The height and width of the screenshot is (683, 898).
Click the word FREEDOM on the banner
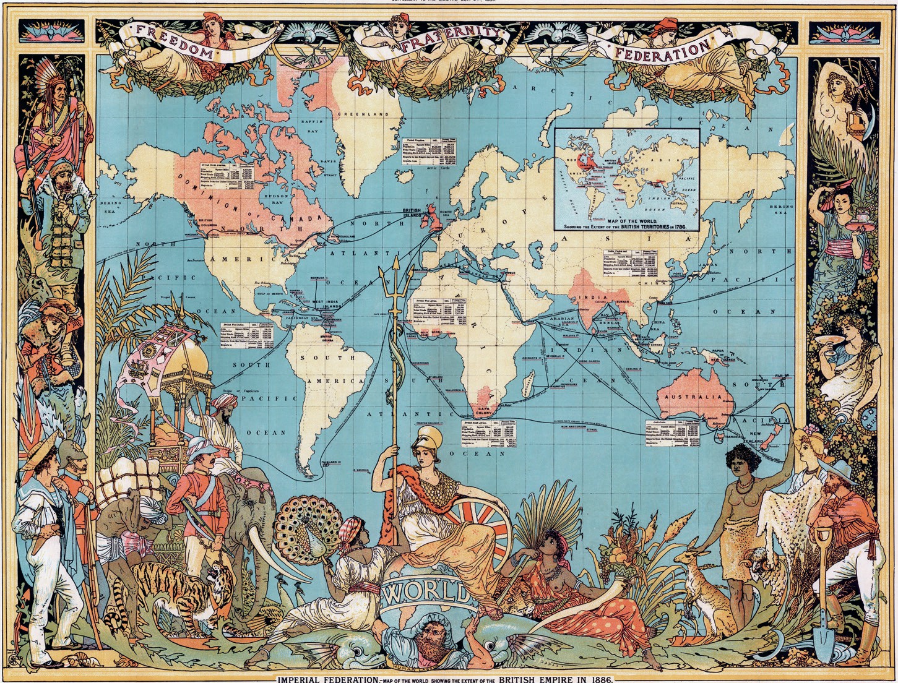(x=177, y=41)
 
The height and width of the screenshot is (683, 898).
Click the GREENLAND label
(x=363, y=114)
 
